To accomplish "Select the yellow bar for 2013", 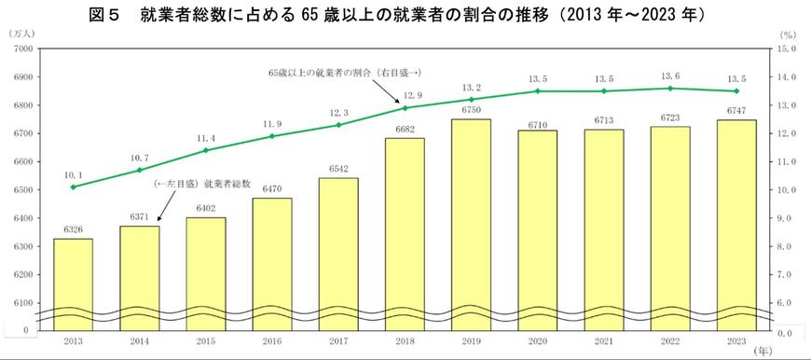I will click(x=73, y=280).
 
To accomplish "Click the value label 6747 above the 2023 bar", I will click(x=735, y=111).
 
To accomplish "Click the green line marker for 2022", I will click(x=669, y=89).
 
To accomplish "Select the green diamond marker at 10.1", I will click(x=73, y=187).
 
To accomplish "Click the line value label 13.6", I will click(x=669, y=76).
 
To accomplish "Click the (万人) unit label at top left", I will click(x=21, y=34).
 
